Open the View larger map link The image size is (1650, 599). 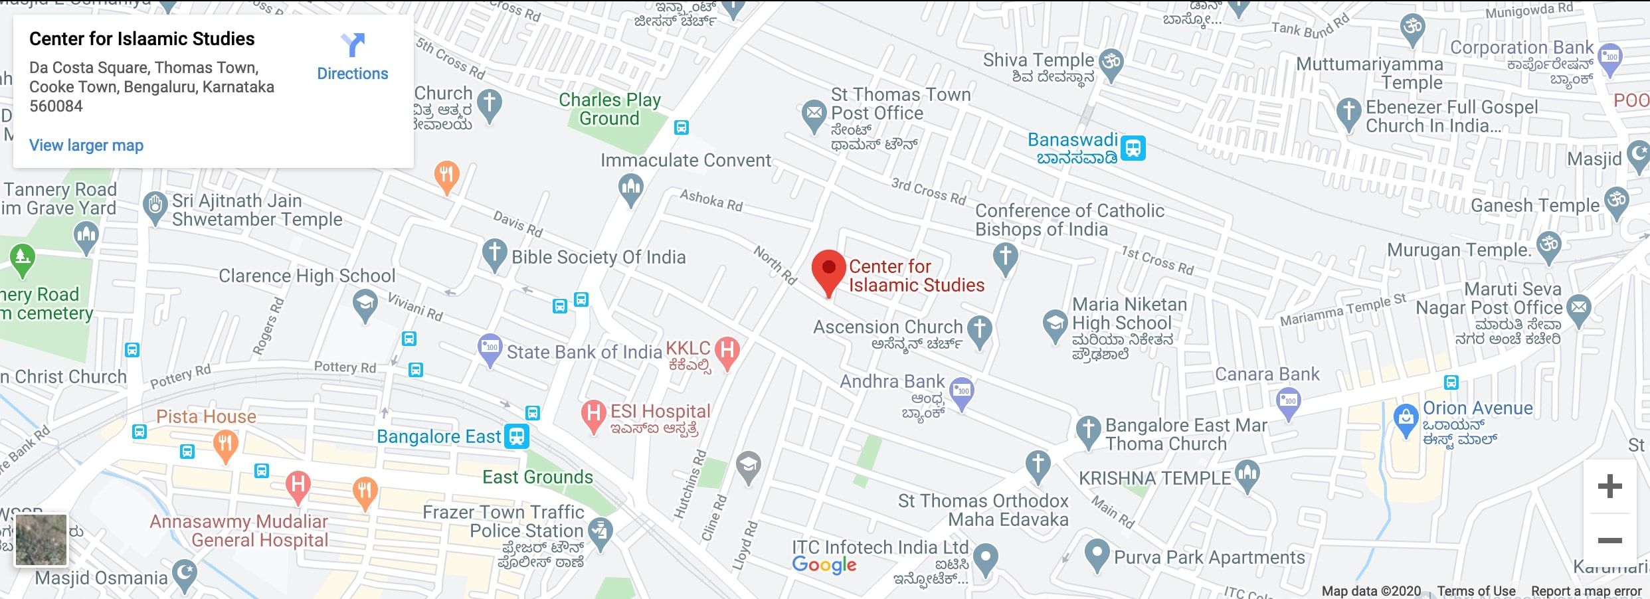coord(86,145)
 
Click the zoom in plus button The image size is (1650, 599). coord(1609,486)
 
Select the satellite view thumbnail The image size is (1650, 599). coord(41,539)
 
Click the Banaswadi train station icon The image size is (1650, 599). coord(1133,147)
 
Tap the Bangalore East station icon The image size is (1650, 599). coord(517,436)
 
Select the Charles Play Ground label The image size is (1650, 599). coord(609,110)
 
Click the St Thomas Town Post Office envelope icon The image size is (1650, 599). coord(814,114)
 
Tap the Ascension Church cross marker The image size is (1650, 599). coord(979,329)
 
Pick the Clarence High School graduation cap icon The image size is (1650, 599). coord(365,304)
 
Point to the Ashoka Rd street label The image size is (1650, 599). coord(711,200)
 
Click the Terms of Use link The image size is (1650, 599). coord(1476,591)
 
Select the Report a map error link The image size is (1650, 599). coord(1586,591)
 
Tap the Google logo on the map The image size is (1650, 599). coord(824,565)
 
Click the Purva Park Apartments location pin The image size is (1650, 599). coord(1097,553)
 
